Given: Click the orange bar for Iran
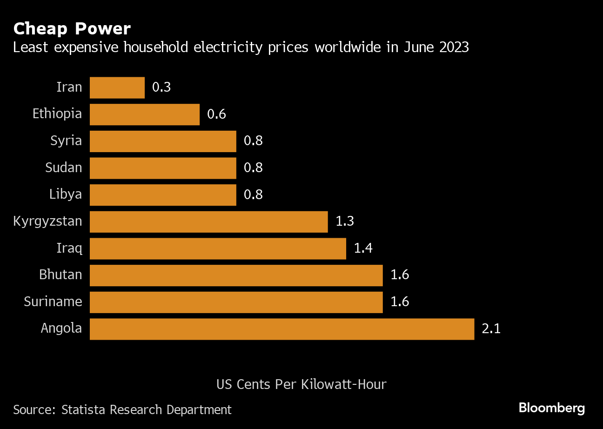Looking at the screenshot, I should tap(117, 87).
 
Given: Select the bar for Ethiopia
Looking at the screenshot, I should tap(145, 114).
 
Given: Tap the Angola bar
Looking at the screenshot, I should tap(282, 329).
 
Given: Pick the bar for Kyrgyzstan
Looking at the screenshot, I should tap(209, 221).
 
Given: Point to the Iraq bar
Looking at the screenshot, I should tap(218, 248).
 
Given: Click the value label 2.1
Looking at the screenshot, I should tap(491, 329).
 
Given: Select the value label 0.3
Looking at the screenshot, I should tap(161, 87).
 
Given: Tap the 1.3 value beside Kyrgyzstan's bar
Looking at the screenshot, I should tap(345, 221).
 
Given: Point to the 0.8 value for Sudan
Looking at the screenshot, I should tap(253, 168).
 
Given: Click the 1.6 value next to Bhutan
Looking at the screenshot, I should tap(400, 275).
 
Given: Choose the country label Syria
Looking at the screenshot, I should tap(66, 141).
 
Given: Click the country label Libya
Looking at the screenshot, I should tap(66, 194).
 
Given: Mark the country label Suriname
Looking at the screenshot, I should tap(53, 302).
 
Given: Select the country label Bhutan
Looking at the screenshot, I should tap(60, 275).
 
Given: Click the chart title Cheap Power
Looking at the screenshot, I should tap(72, 29).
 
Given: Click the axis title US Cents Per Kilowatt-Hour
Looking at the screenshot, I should tap(301, 385).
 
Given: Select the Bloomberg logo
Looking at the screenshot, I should tap(552, 409).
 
